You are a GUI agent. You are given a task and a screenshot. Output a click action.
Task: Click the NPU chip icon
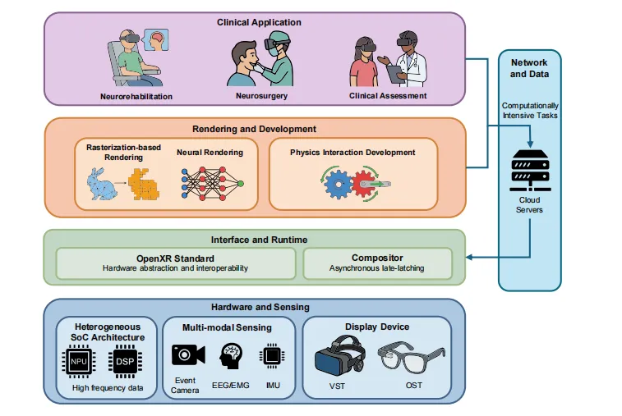(x=79, y=361)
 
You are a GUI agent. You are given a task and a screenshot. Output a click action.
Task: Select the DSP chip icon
(x=125, y=361)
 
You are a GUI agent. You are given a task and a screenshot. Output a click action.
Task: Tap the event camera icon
(x=188, y=354)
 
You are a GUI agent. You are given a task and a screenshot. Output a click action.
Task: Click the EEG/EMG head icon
(x=231, y=356)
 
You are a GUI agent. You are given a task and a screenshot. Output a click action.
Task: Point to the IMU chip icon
(x=272, y=356)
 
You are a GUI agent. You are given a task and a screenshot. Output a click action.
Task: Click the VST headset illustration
(x=340, y=355)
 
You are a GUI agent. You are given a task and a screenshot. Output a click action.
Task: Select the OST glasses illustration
(x=412, y=358)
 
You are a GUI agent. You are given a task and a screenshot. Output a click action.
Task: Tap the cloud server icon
(x=530, y=171)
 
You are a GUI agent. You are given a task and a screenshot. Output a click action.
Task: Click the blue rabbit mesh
(x=101, y=184)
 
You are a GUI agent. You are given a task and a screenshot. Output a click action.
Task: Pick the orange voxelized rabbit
(x=144, y=185)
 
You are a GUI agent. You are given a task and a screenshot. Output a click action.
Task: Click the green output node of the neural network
(x=241, y=184)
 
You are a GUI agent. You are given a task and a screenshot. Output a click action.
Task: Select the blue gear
(x=338, y=184)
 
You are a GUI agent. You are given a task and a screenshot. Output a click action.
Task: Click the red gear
(x=363, y=184)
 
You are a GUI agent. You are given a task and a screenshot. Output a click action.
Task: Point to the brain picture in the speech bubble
(x=156, y=39)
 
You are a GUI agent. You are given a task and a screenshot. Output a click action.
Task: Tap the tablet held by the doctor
(x=395, y=74)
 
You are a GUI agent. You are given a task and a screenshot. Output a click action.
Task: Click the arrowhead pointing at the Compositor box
(x=469, y=258)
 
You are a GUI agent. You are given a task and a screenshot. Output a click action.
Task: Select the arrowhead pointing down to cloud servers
(x=530, y=144)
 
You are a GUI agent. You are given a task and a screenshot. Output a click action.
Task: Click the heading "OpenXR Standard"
(x=175, y=258)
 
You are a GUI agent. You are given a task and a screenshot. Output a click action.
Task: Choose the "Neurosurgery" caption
(x=261, y=96)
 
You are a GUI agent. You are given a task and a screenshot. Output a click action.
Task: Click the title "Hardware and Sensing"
(x=260, y=307)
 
